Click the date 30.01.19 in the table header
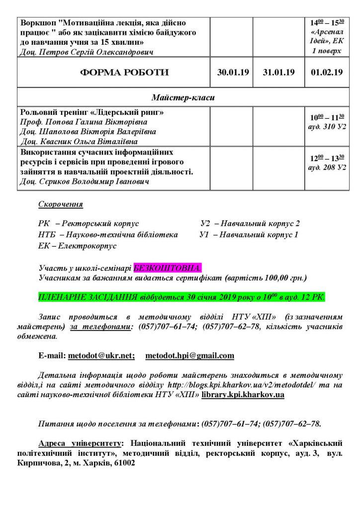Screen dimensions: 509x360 [233, 73]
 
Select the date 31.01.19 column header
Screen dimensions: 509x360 [279, 73]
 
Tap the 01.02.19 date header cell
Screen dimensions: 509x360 [326, 73]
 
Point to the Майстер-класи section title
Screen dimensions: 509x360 [183, 97]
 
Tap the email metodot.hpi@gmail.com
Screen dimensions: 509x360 [189, 356]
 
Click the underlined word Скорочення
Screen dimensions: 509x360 [61, 204]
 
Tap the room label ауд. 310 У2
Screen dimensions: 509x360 [327, 127]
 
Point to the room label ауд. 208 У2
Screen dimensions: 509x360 [327, 168]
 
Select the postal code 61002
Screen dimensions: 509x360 [122, 462]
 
